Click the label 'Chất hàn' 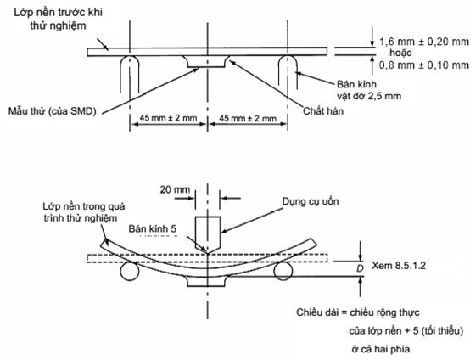pos(323,111)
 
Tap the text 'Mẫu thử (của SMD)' pos(52,111)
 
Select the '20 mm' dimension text pos(175,189)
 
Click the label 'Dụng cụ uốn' pos(311,201)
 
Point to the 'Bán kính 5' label pos(153,228)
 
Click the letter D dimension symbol pos(360,268)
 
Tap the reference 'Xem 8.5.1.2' pos(399,266)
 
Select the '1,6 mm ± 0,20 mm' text pos(424,42)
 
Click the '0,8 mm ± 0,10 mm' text pos(424,65)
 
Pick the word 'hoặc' pos(400,53)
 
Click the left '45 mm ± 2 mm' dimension pos(169,118)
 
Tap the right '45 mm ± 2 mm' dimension pos(248,118)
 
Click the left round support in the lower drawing pos(130,271)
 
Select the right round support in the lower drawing pos(283,271)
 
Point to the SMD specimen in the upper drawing pos(207,61)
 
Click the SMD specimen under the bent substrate pos(207,281)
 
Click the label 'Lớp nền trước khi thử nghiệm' pos(59,19)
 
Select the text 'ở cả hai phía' pos(381,349)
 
